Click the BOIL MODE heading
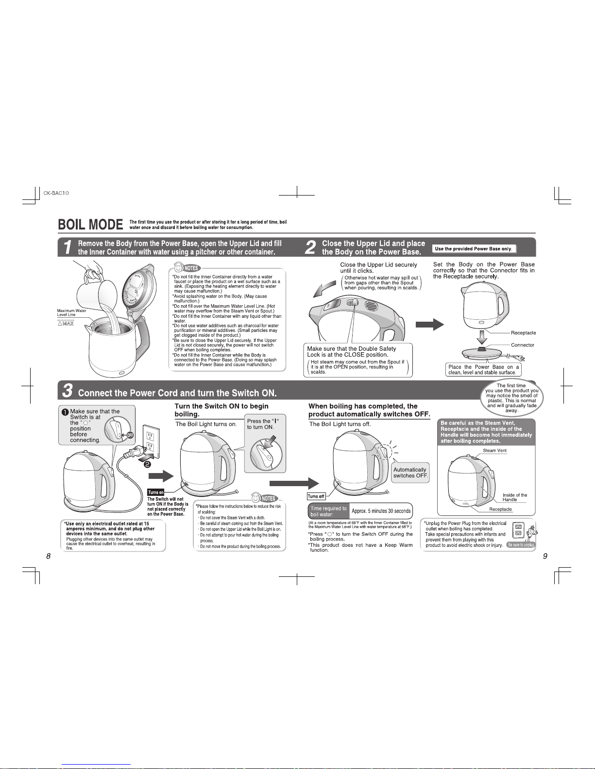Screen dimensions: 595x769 tap(90, 224)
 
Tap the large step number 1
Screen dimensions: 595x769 tap(68, 247)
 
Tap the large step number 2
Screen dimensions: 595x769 tap(310, 247)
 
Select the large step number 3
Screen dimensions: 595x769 tap(68, 391)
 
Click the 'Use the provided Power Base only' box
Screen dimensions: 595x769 tap(474, 249)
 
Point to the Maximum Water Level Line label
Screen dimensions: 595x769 tap(71, 312)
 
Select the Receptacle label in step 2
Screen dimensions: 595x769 tap(523, 333)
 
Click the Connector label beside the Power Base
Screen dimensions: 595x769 tap(523, 345)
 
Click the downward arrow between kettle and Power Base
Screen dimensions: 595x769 tap(482, 337)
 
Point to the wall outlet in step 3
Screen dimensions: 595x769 tap(151, 441)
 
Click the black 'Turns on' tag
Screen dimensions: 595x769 tap(156, 492)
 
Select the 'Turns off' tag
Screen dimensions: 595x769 tap(316, 496)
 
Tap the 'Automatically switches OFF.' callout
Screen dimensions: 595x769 tap(410, 473)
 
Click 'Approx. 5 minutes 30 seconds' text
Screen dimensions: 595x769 tap(381, 511)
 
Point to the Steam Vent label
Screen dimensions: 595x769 tap(495, 451)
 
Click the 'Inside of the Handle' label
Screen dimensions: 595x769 tap(514, 497)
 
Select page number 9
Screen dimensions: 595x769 tap(545, 556)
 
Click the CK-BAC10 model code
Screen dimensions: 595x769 tap(56, 193)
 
